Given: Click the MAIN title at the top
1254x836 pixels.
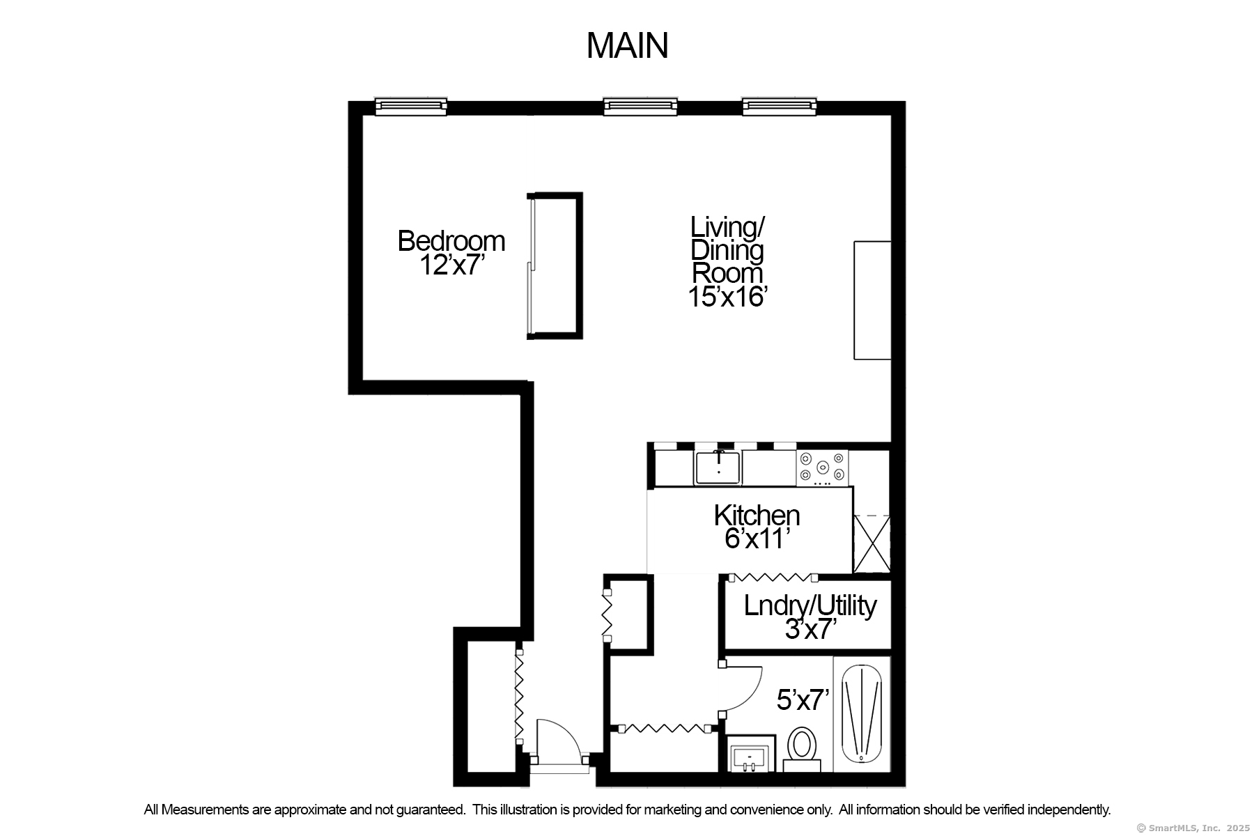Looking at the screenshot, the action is (x=627, y=45).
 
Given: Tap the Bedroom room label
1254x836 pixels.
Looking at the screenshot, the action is (x=451, y=241).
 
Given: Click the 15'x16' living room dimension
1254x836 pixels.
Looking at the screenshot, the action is (x=727, y=296).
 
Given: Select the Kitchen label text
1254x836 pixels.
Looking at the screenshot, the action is (x=757, y=516).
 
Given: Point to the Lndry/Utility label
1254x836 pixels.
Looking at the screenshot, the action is (x=810, y=605).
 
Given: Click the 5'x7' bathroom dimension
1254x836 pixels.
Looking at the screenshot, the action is (x=803, y=699).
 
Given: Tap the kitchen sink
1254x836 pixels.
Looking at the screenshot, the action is (x=718, y=467).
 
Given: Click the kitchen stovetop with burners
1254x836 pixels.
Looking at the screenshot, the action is (x=823, y=467).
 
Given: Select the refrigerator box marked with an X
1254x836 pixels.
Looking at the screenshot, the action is (x=872, y=543).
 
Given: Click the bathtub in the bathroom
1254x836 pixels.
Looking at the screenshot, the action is (x=862, y=714).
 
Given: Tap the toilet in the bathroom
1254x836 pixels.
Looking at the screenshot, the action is (x=802, y=749).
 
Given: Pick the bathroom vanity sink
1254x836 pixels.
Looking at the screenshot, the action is (x=750, y=755).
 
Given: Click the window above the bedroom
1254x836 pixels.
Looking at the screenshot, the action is (x=411, y=107).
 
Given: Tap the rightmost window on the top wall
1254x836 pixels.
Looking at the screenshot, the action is (x=779, y=107).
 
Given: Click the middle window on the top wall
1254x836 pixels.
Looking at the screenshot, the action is (x=640, y=107).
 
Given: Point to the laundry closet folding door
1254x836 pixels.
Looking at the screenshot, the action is (x=773, y=578).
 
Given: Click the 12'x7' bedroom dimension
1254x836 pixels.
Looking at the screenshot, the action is (x=451, y=265).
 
